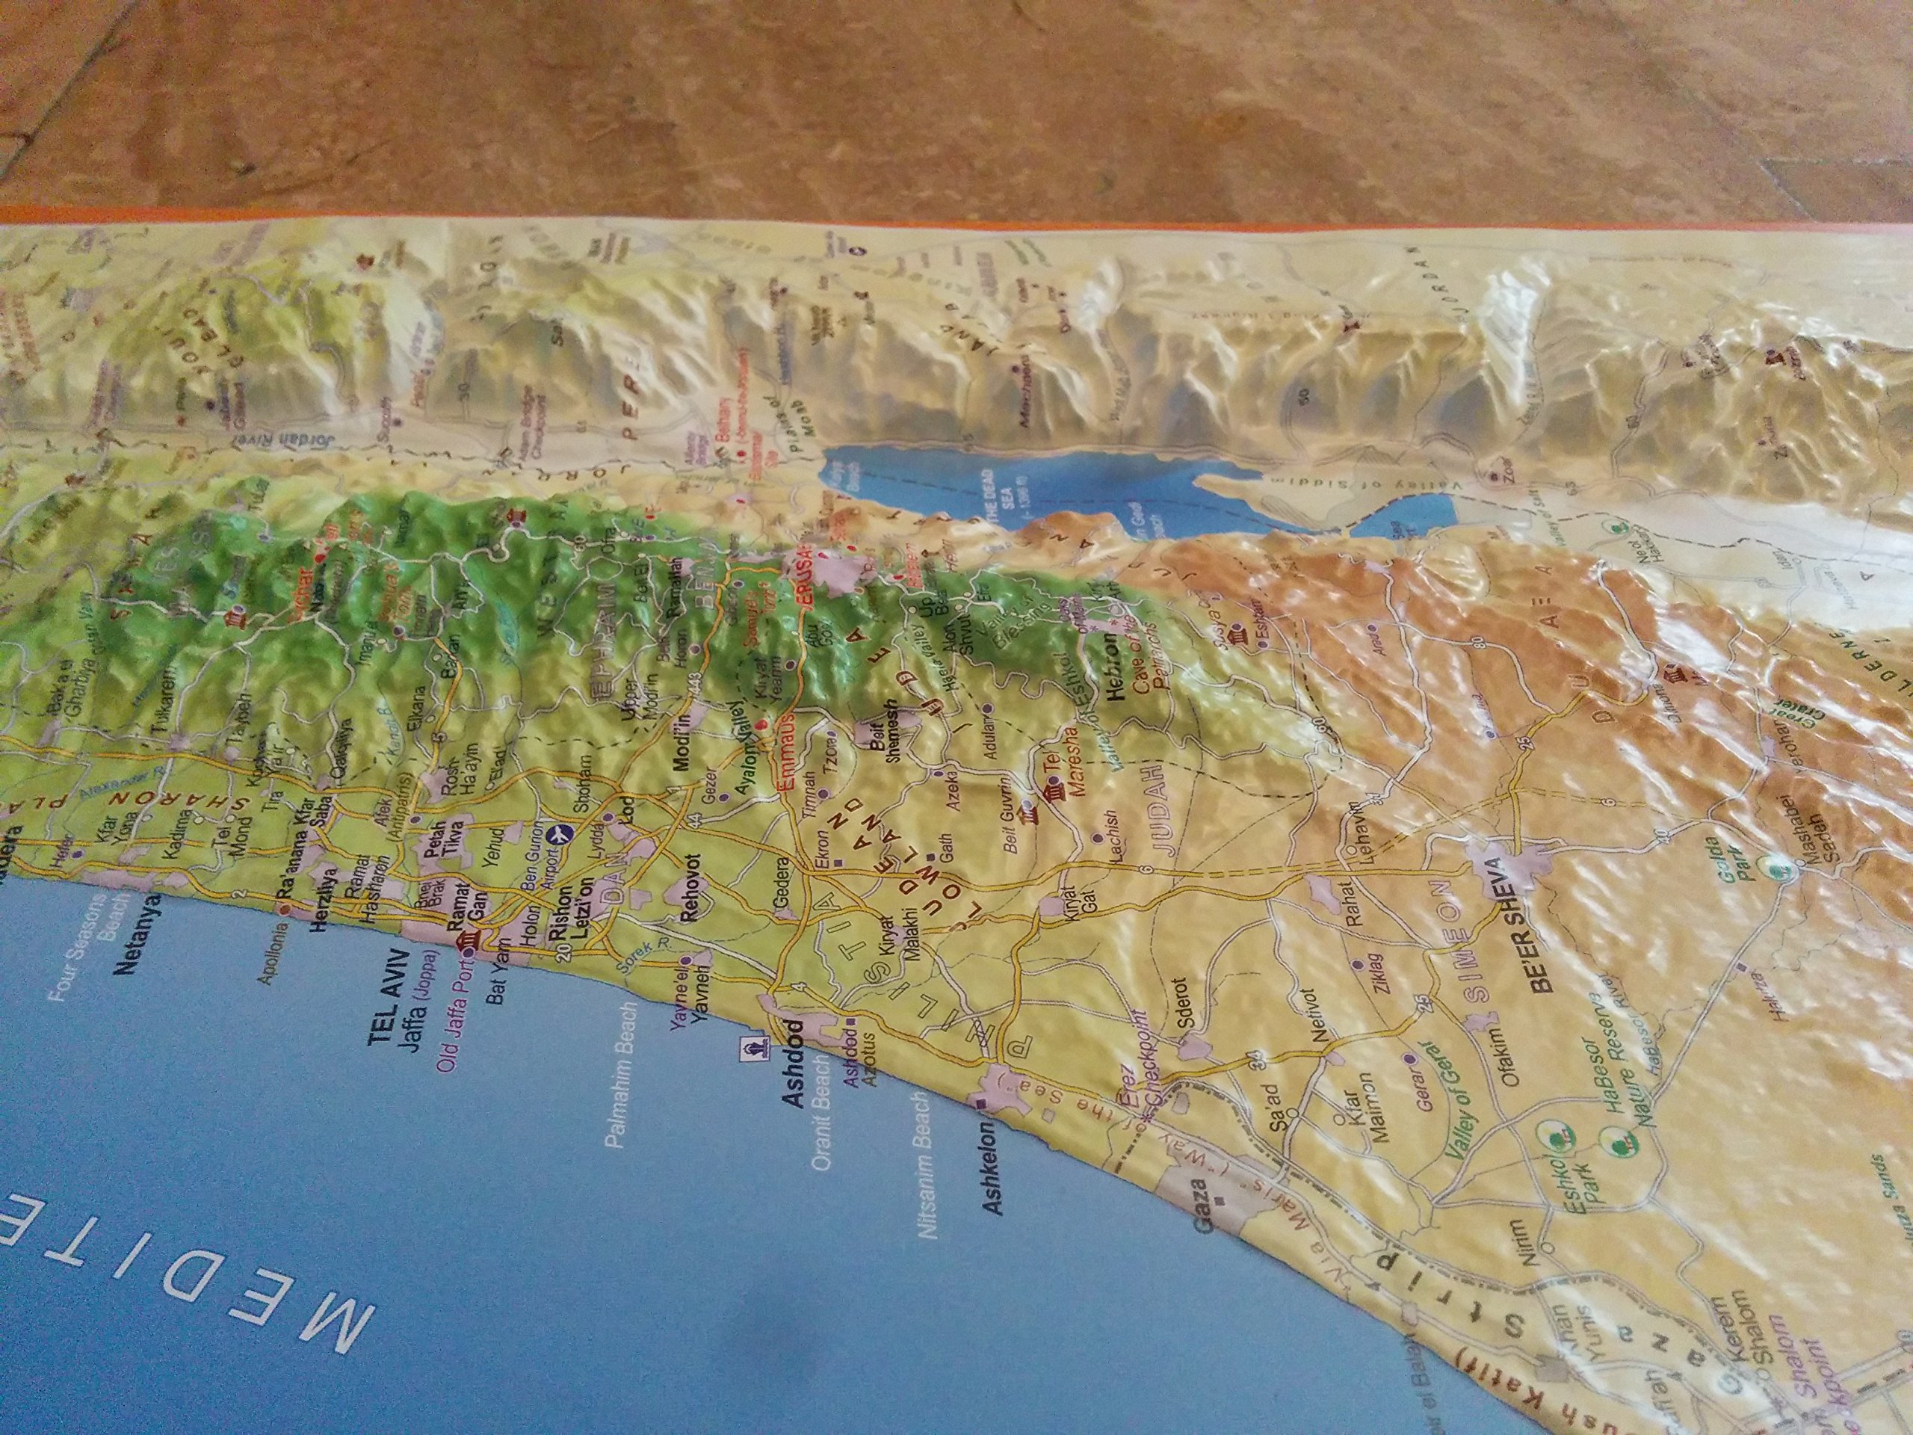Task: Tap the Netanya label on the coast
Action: point(126,925)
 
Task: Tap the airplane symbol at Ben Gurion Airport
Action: point(561,836)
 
